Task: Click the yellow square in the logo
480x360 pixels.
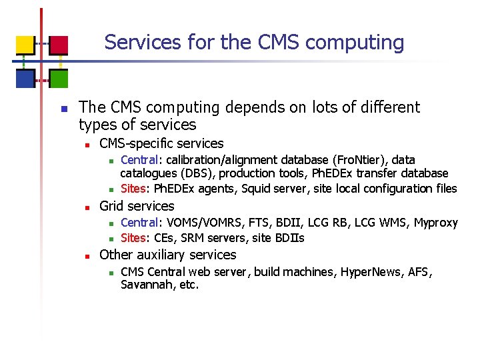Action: pyautogui.click(x=25, y=45)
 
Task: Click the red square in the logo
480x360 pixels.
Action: pyautogui.click(x=59, y=45)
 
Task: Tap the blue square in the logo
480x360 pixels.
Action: pyautogui.click(x=25, y=79)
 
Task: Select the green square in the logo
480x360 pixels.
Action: pyautogui.click(x=59, y=79)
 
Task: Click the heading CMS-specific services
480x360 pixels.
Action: pyautogui.click(x=161, y=143)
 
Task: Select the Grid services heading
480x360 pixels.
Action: pyautogui.click(x=137, y=206)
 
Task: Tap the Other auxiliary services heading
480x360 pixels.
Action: pyautogui.click(x=167, y=255)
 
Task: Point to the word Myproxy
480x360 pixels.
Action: pyautogui.click(x=436, y=223)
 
